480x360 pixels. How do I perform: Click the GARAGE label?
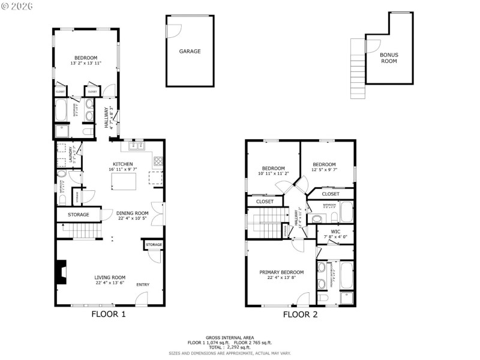[190, 52]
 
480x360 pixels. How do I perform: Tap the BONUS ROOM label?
[389, 58]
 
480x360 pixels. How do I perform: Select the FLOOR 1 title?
[108, 314]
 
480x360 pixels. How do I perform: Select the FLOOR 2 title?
[300, 314]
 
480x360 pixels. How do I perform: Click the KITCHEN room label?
[123, 164]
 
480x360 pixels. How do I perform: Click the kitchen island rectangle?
[124, 181]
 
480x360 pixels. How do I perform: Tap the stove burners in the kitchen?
[158, 160]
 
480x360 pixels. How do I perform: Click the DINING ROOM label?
[132, 213]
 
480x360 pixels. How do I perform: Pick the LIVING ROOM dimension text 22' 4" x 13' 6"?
[110, 283]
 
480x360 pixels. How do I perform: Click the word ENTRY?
[143, 284]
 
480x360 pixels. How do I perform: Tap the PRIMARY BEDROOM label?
[281, 272]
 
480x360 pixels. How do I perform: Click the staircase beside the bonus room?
[358, 69]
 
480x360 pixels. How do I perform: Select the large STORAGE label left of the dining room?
[78, 214]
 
